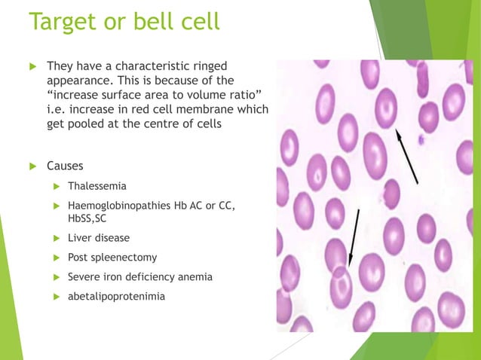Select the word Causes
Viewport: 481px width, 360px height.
[65, 166]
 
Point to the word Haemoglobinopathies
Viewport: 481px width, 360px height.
[120, 206]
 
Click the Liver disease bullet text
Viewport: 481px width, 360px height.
[98, 238]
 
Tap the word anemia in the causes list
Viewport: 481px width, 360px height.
[193, 277]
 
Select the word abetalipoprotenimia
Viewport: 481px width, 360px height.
[116, 297]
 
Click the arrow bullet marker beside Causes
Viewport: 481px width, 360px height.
[31, 166]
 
